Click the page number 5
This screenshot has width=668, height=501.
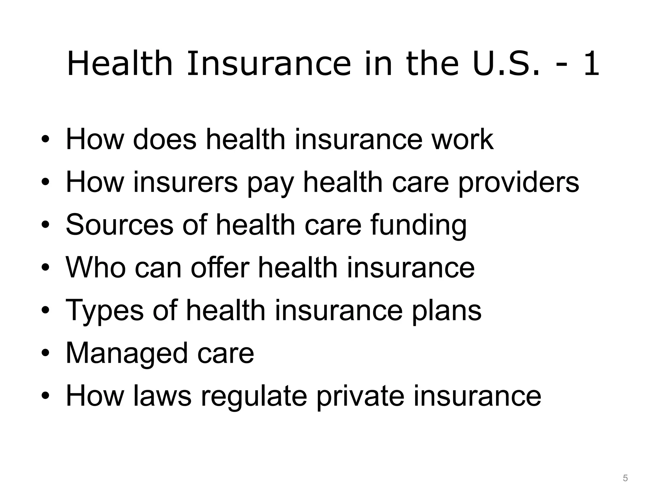click(625, 478)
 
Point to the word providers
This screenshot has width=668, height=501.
click(519, 183)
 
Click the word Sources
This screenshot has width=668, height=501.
click(119, 225)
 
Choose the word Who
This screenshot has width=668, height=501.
click(96, 267)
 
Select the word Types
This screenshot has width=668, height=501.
click(104, 311)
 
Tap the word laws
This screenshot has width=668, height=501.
click(162, 396)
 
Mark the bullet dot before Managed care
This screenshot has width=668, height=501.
click(45, 353)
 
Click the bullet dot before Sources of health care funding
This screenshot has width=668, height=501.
click(45, 225)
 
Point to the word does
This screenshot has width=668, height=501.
click(165, 140)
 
